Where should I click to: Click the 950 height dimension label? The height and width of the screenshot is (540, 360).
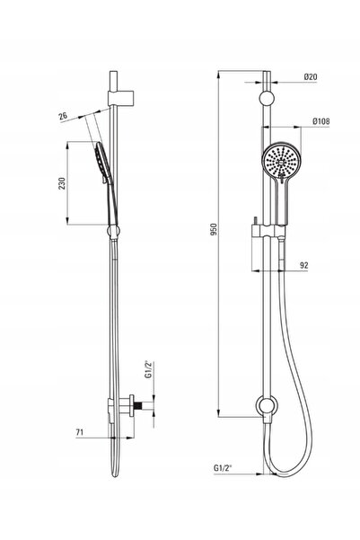214,229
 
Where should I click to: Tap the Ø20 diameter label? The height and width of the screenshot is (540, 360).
311,76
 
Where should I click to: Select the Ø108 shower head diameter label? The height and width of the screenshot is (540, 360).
321,121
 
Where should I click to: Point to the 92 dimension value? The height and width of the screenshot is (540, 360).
304,265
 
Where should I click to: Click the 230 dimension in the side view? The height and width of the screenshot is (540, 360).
62,183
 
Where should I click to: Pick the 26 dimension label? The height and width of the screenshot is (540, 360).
63,116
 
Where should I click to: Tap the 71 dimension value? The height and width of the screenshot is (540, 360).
80,432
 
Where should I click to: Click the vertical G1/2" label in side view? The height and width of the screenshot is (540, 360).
149,370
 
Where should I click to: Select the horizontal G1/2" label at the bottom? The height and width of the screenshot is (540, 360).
223,468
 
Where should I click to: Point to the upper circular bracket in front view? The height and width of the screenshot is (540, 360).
267,98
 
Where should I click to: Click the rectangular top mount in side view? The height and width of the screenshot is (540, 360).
120,98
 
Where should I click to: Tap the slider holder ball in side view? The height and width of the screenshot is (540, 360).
114,231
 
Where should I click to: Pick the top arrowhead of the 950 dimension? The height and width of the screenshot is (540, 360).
218,75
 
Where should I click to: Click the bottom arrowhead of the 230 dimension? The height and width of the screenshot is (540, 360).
68,220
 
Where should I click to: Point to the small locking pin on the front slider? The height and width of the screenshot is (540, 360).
256,220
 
